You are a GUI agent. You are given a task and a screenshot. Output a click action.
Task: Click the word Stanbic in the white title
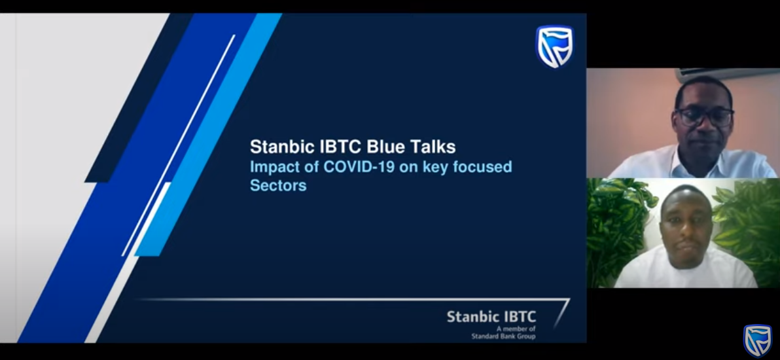(x=281, y=147)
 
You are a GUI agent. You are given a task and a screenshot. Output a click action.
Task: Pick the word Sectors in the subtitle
(x=278, y=185)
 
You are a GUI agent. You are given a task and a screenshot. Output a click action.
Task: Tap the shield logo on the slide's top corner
(x=555, y=46)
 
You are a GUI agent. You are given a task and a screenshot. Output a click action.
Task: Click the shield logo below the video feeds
(x=758, y=341)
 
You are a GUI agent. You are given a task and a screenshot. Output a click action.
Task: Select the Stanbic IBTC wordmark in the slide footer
(x=491, y=317)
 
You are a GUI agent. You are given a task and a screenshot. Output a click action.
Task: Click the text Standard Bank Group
(x=503, y=336)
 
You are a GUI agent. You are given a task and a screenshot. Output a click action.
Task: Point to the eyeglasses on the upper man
(x=704, y=117)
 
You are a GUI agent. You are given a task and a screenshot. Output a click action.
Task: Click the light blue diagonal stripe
(x=209, y=134)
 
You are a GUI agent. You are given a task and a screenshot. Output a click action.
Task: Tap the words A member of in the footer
(x=516, y=329)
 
